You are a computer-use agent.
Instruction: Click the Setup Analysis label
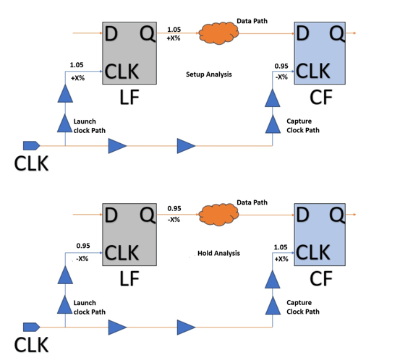[x=209, y=74]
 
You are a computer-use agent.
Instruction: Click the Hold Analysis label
[x=218, y=253]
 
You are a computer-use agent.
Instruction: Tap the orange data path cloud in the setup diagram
[x=218, y=33]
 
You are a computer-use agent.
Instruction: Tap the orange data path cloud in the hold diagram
[x=218, y=215]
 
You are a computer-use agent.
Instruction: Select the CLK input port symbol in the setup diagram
[x=31, y=145]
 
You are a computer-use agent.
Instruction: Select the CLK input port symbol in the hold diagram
[x=31, y=327]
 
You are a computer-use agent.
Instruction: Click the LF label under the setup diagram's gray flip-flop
[x=129, y=98]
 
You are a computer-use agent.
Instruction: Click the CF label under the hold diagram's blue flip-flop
[x=321, y=279]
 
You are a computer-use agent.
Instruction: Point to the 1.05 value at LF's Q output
[x=174, y=30]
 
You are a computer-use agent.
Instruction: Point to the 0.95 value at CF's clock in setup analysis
[x=281, y=66]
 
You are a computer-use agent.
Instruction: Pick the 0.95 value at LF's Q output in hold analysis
[x=174, y=208]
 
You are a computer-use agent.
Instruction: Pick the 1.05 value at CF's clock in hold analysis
[x=281, y=247]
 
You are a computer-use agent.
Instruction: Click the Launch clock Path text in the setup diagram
[x=89, y=126]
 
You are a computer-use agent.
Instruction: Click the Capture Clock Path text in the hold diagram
[x=303, y=307]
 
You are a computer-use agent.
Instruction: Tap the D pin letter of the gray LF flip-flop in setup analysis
[x=111, y=34]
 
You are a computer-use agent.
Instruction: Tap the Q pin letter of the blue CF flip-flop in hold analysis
[x=336, y=215]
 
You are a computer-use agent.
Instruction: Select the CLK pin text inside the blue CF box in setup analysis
[x=313, y=71]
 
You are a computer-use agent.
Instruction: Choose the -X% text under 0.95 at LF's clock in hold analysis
[x=82, y=259]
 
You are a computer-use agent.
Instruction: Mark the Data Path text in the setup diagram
[x=252, y=21]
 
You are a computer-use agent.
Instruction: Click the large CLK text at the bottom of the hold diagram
[x=31, y=345]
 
